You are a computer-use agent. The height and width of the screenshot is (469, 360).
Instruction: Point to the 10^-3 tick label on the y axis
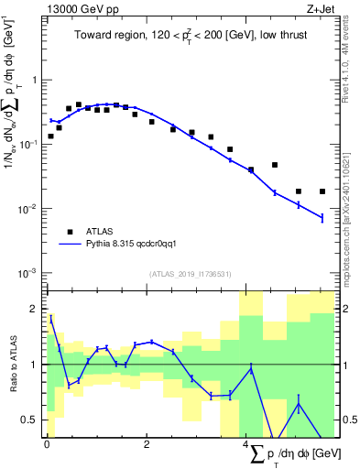coord(29,274)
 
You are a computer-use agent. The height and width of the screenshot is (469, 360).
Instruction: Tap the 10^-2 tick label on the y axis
coord(29,209)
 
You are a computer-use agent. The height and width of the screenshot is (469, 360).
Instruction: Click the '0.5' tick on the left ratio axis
coord(29,420)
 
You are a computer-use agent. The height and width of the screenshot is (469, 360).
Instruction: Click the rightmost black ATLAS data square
coord(322,191)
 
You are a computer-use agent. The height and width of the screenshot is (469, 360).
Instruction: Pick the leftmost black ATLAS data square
coord(50,136)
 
